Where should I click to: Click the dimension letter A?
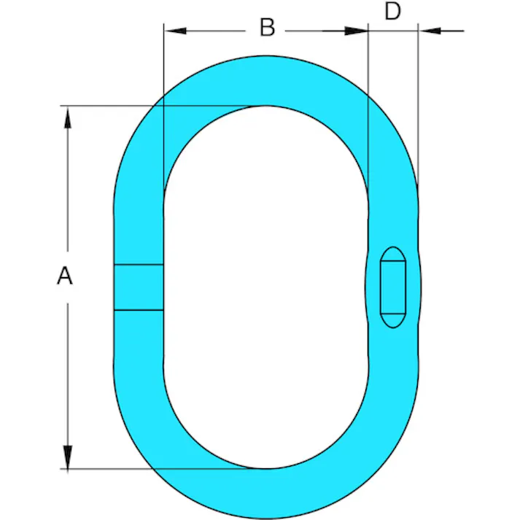coord(65,275)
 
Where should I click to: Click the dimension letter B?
coord(268,27)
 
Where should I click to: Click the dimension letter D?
coord(392,11)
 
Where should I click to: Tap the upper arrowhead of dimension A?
coord(68,117)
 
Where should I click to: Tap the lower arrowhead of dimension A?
coord(68,457)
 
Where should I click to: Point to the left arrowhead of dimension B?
coord(176,31)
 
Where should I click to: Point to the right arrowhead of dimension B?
coord(357,31)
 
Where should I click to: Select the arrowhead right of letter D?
coord(430,31)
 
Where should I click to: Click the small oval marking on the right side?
coord(393,287)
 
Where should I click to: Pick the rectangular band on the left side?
coord(139,287)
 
